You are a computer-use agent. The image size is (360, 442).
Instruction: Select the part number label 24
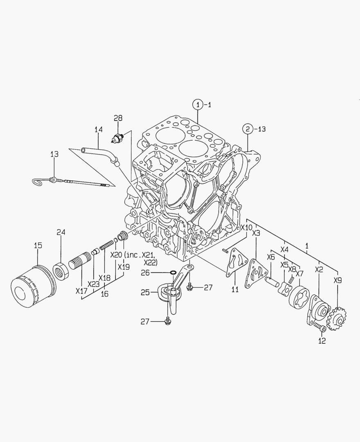(61, 232)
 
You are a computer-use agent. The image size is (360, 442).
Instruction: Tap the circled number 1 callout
(198, 105)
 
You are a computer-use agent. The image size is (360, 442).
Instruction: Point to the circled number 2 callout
(248, 129)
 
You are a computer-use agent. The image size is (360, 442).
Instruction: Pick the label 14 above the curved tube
(98, 130)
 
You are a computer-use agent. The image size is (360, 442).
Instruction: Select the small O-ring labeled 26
(173, 273)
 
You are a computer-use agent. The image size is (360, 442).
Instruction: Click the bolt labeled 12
(319, 327)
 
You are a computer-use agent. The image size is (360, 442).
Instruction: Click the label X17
(81, 291)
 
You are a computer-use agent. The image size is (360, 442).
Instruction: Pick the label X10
(246, 228)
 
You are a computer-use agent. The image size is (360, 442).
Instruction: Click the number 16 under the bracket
(105, 293)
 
